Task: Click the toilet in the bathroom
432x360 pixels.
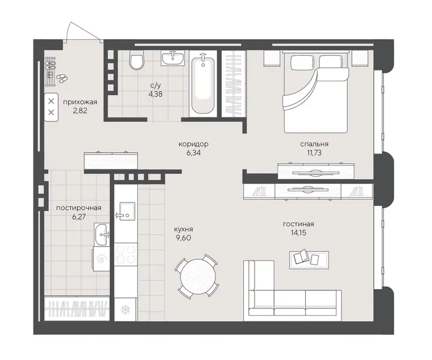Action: coord(137,60)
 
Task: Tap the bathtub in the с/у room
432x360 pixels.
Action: coord(203,84)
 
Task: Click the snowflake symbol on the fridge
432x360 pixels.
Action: coord(126,309)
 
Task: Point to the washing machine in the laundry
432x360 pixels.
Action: coord(101,259)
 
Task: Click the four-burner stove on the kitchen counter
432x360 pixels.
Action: coord(126,254)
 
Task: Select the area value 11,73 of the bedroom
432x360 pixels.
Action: coord(314,153)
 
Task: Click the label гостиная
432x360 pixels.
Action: coord(298,224)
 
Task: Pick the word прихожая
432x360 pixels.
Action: coord(80,102)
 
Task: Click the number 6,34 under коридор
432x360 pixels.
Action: coord(194,153)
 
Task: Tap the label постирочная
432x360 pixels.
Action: coord(79,208)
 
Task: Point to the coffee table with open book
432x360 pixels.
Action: coord(309,259)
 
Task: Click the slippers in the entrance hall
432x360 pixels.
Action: coord(62,78)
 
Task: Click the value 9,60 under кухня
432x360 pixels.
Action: coord(183,238)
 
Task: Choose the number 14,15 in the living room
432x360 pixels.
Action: coord(298,233)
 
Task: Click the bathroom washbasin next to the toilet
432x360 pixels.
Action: coord(173,58)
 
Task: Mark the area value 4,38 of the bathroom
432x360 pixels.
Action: coord(155,94)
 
